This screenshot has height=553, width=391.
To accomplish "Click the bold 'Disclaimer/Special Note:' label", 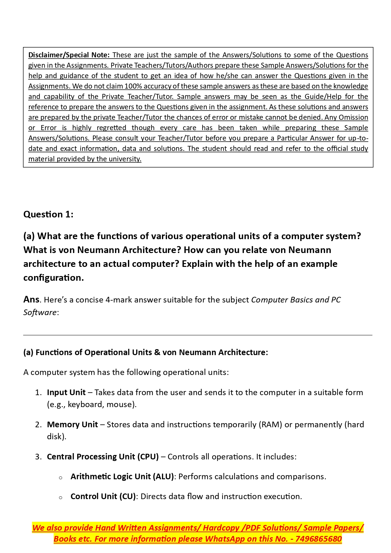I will click(x=69, y=55).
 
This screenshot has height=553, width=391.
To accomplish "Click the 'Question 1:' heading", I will click(x=48, y=215).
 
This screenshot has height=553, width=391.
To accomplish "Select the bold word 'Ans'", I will click(x=32, y=300).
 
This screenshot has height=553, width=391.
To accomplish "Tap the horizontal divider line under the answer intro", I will click(x=198, y=335).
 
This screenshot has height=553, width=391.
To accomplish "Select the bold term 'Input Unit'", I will click(x=66, y=393).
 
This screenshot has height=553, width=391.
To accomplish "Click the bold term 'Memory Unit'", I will click(x=72, y=425).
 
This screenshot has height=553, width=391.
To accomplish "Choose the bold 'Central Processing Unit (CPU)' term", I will click(x=103, y=457).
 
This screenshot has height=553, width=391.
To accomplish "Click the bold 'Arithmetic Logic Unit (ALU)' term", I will click(x=122, y=477).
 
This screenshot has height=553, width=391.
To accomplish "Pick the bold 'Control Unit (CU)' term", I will click(x=103, y=497).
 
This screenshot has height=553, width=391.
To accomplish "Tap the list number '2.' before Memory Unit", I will click(x=38, y=425).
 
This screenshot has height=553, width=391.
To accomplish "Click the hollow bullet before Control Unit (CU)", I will click(x=60, y=497).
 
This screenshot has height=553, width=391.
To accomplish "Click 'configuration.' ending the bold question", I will click(x=54, y=278).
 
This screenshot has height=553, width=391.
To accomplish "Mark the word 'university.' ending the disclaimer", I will click(x=125, y=159).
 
